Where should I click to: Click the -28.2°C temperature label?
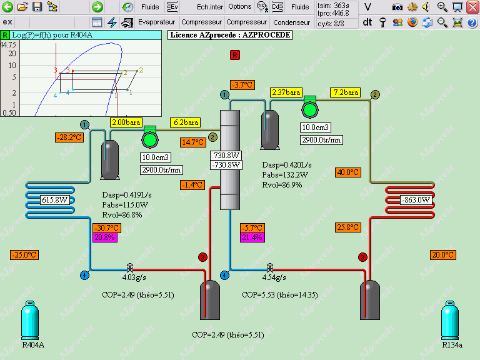click(x=69, y=137)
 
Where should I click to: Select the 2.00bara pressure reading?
click(x=126, y=122)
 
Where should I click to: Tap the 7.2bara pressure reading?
click(x=346, y=92)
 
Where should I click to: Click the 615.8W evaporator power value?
click(x=55, y=200)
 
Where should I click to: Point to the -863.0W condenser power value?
click(x=416, y=200)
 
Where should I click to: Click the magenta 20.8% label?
click(x=105, y=237)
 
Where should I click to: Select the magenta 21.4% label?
click(x=252, y=237)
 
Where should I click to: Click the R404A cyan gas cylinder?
click(x=30, y=320)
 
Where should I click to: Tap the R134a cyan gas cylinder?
click(x=450, y=320)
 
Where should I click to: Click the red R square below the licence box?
click(x=235, y=55)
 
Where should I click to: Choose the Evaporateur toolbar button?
click(x=156, y=22)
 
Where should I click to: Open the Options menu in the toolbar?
click(x=240, y=7)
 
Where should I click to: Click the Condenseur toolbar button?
click(x=291, y=22)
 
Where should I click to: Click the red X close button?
click(x=472, y=7)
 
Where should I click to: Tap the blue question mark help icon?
click(x=472, y=22)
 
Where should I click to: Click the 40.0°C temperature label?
click(x=347, y=172)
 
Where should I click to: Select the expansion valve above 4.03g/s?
click(x=130, y=268)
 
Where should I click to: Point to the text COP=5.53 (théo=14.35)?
click(x=280, y=295)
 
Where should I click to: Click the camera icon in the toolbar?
click(x=397, y=7)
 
